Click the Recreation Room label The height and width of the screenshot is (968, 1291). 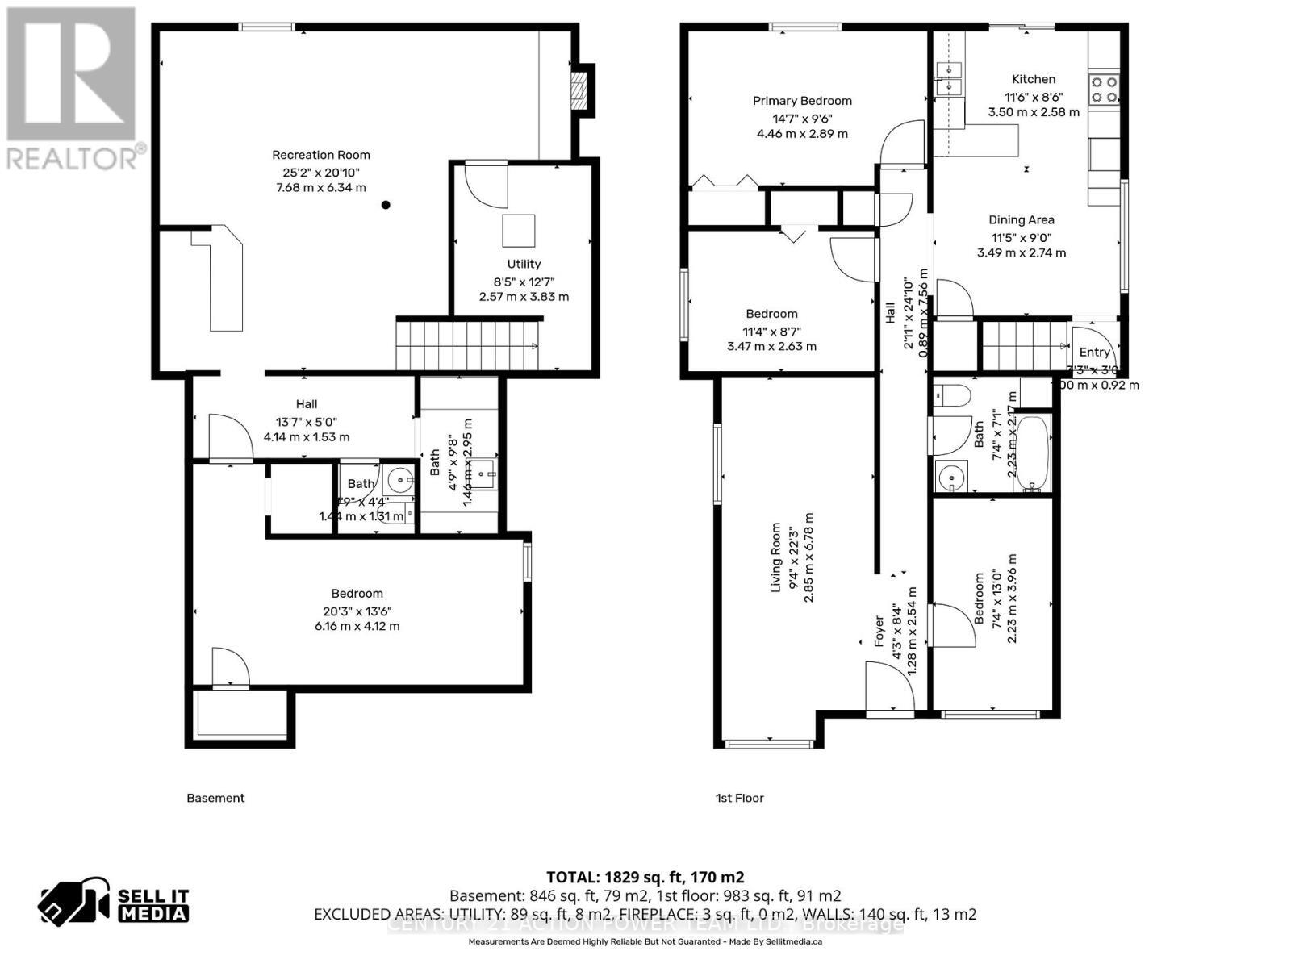point(320,155)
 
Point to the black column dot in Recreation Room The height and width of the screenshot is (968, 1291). point(386,205)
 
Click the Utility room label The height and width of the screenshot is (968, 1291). point(524,264)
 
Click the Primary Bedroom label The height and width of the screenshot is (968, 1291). point(802,101)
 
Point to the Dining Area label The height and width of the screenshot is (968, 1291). point(1022,219)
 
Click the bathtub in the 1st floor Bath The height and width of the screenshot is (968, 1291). point(1032,453)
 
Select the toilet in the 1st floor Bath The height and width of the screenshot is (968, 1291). point(952,395)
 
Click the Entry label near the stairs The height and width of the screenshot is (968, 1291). point(1094,352)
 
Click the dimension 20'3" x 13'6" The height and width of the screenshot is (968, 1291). point(357,611)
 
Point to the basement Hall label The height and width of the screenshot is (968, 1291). point(306,404)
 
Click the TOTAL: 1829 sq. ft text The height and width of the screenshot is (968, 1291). point(645,877)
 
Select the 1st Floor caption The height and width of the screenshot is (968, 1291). point(739,798)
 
